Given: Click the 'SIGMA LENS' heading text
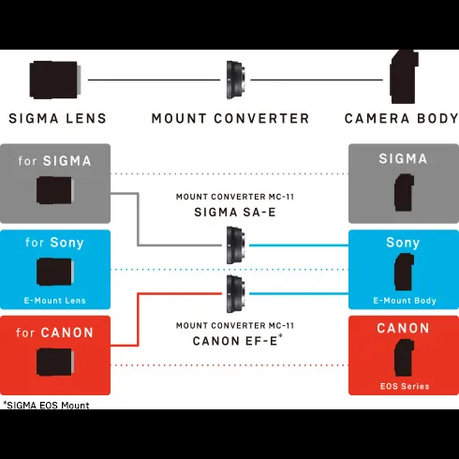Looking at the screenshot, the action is [58, 119].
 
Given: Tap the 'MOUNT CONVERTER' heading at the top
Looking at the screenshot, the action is [230, 119].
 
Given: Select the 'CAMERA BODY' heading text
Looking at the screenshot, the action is [402, 119].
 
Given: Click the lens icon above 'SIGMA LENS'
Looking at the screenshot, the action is [55, 80].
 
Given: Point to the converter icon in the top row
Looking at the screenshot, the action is [236, 80].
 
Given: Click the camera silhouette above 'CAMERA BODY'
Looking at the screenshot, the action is [404, 77].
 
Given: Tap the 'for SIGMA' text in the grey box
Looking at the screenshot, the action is [54, 161].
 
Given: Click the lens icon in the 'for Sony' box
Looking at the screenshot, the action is [55, 272].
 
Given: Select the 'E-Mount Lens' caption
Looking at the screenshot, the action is [55, 301].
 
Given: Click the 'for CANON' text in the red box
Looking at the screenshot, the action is [54, 333].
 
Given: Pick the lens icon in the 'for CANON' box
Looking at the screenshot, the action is [55, 363].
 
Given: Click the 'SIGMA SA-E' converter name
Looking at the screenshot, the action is [235, 213].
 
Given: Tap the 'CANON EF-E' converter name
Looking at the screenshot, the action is [235, 341].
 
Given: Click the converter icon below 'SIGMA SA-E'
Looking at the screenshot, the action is [236, 245].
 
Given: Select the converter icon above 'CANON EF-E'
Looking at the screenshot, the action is [236, 293].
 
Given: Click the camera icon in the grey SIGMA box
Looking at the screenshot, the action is [404, 193].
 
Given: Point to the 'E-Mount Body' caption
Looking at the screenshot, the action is [405, 301].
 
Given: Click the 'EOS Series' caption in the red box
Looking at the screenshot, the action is [405, 386].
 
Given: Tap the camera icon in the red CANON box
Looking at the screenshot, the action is [404, 358].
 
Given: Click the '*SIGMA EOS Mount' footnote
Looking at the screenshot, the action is [46, 405].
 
